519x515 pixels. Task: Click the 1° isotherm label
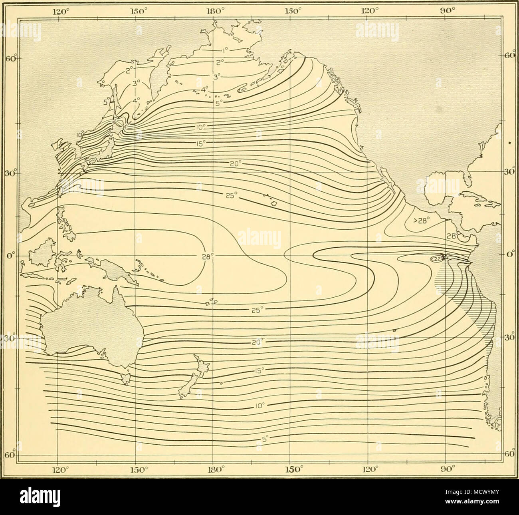pyautogui.click(x=225, y=51)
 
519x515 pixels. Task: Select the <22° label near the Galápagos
pyautogui.click(x=437, y=259)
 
